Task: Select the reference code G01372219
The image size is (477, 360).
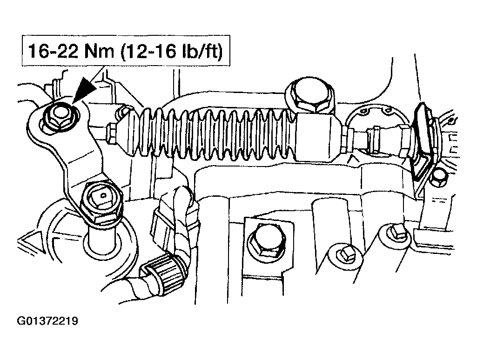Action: (x=47, y=321)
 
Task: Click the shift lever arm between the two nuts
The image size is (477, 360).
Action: (x=79, y=156)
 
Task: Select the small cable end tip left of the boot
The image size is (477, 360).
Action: (x=113, y=133)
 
